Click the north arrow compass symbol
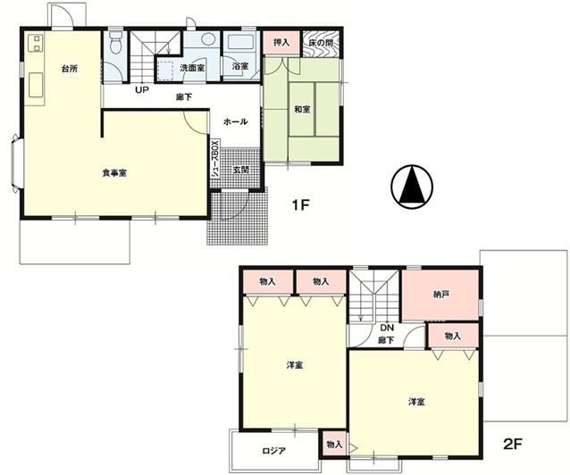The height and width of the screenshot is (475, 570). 412,187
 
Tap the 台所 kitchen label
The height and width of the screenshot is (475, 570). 70,69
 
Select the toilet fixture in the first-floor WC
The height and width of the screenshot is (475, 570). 115,42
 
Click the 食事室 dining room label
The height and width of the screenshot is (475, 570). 114,173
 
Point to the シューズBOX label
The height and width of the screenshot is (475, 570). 216,159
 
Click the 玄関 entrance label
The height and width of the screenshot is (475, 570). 240,169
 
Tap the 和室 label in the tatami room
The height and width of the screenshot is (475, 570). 302,109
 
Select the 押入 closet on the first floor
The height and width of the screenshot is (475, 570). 281,43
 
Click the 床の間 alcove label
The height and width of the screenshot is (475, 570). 321,43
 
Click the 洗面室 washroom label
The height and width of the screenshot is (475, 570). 192,68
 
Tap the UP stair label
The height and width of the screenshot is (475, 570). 142,89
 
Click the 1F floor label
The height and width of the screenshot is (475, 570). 300,205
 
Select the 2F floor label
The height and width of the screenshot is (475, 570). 513,444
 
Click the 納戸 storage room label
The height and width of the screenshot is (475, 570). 440,294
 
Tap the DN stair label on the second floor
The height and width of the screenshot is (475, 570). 387,328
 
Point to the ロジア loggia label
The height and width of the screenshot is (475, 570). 273,451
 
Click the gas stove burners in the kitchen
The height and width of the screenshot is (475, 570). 36,43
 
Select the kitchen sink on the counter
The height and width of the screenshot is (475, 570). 36,85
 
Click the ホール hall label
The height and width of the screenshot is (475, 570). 236,121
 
